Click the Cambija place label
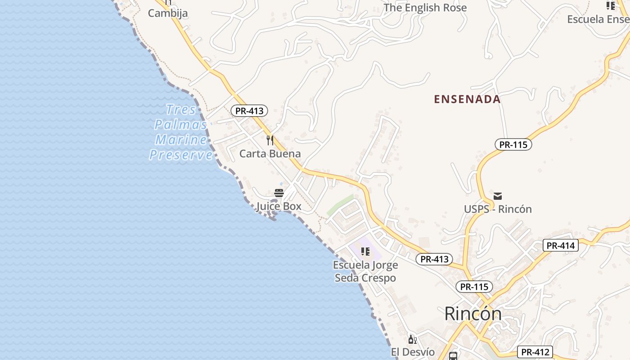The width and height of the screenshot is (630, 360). tap(168, 13)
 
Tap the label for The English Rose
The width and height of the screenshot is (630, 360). tap(425, 8)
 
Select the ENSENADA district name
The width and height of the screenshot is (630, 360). tap(467, 99)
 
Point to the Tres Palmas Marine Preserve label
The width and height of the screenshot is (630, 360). tap(181, 132)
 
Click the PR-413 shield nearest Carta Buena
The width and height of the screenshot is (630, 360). tap(249, 111)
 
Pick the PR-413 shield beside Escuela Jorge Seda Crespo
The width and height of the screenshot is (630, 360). tap(434, 259)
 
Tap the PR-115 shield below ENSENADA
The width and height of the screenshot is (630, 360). tap(513, 144)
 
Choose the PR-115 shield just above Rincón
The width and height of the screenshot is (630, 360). tap(474, 287)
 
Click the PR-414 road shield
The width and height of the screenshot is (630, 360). tap(560, 245)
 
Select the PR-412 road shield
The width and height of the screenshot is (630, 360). tap(535, 352)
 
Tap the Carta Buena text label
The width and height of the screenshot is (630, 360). tap(270, 153)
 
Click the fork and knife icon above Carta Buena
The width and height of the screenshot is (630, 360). tap(270, 140)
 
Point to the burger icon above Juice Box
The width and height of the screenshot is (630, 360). tap(279, 193)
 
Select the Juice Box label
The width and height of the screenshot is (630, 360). tap(279, 207)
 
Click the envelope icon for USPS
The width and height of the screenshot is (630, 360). tap(498, 196)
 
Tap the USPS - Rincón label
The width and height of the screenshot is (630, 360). tap(498, 209)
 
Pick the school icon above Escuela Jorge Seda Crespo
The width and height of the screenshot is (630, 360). tap(365, 252)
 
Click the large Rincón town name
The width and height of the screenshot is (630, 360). tap(473, 314)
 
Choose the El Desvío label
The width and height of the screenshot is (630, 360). tap(413, 352)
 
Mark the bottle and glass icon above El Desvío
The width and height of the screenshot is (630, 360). tap(412, 339)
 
